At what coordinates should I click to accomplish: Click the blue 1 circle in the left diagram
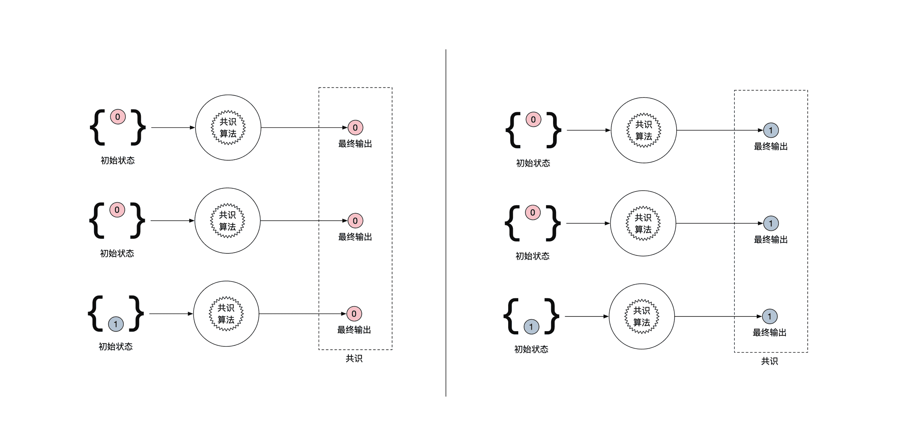116,324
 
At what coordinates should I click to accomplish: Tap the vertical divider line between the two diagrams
446,222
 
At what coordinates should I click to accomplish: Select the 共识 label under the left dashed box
354,359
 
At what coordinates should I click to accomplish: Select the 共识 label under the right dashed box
769,361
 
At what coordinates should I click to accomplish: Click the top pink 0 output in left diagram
355,128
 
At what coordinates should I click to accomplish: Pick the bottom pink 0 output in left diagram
354,314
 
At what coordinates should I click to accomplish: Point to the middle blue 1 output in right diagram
771,223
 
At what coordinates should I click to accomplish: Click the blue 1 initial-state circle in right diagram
531,327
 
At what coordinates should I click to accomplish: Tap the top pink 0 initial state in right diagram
533,120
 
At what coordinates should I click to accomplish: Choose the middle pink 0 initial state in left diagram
117,210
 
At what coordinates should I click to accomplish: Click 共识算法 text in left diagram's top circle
228,128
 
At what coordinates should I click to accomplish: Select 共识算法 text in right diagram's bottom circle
642,317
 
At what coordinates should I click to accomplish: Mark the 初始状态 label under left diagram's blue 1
116,347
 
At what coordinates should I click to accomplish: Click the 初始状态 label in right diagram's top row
533,163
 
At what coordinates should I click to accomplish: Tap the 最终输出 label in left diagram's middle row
355,237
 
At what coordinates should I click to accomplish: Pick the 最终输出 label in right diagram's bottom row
769,333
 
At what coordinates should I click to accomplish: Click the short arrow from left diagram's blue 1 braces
171,314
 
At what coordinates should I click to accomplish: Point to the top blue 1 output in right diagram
771,130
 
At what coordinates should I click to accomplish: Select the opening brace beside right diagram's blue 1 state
511,316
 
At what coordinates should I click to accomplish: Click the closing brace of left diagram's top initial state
138,128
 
